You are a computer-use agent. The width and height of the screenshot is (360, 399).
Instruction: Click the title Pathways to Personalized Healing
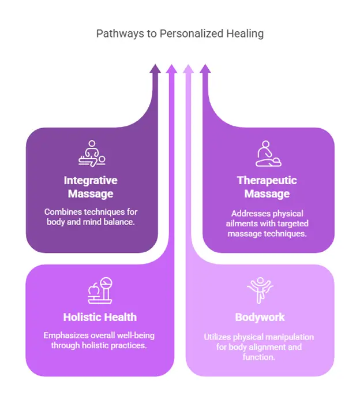point(179,33)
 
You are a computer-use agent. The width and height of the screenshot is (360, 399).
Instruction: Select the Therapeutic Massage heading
point(267,187)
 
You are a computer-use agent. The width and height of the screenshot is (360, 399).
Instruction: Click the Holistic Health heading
point(100,317)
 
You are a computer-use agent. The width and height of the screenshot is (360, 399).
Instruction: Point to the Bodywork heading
point(260,317)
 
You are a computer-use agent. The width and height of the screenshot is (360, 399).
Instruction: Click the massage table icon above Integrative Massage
point(92,153)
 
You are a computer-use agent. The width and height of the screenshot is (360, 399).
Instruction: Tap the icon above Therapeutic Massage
point(268,154)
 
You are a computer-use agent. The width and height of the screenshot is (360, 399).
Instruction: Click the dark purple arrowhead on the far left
point(155,69)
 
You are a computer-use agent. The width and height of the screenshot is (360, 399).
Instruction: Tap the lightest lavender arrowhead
point(188,69)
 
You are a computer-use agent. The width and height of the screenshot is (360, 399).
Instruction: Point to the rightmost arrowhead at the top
point(205,69)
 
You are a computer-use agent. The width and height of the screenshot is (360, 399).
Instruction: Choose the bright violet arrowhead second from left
point(171,69)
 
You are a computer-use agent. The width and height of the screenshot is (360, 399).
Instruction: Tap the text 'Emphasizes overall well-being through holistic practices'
point(99,341)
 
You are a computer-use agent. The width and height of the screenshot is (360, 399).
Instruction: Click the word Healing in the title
point(245,33)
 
